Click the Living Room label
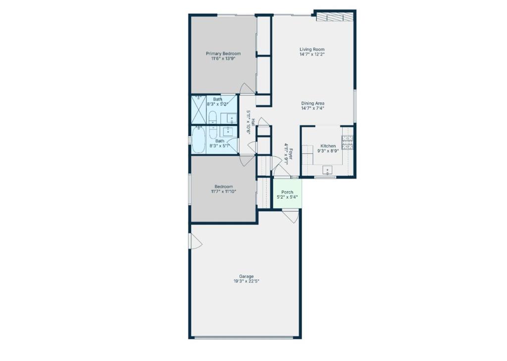coord(312,49)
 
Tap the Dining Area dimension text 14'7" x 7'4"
coord(312,108)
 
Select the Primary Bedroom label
coord(223,53)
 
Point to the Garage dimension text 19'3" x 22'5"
coord(247,281)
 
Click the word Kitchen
coord(328,146)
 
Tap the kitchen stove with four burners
coord(348,142)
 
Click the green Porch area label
coord(287,192)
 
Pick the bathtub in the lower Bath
coord(199,140)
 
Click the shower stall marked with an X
coord(199,109)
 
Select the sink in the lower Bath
coord(229,132)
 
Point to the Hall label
coord(253,122)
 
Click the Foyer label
coord(291,154)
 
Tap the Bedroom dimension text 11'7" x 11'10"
coord(223,191)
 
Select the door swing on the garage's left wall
coord(196,241)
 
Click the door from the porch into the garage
coord(290,216)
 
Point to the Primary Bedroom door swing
coord(248,89)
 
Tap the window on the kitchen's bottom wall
coord(325,177)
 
